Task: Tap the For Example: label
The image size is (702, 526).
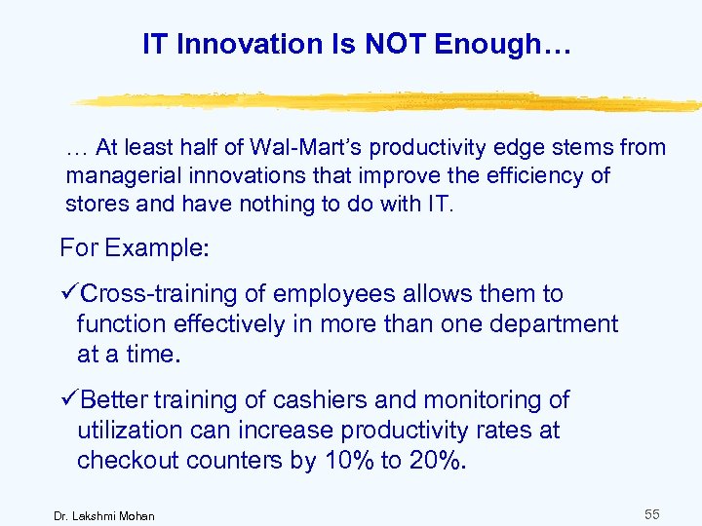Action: pyautogui.click(x=135, y=247)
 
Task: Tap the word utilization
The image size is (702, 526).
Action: pyautogui.click(x=125, y=431)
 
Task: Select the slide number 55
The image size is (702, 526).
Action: pyautogui.click(x=652, y=512)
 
